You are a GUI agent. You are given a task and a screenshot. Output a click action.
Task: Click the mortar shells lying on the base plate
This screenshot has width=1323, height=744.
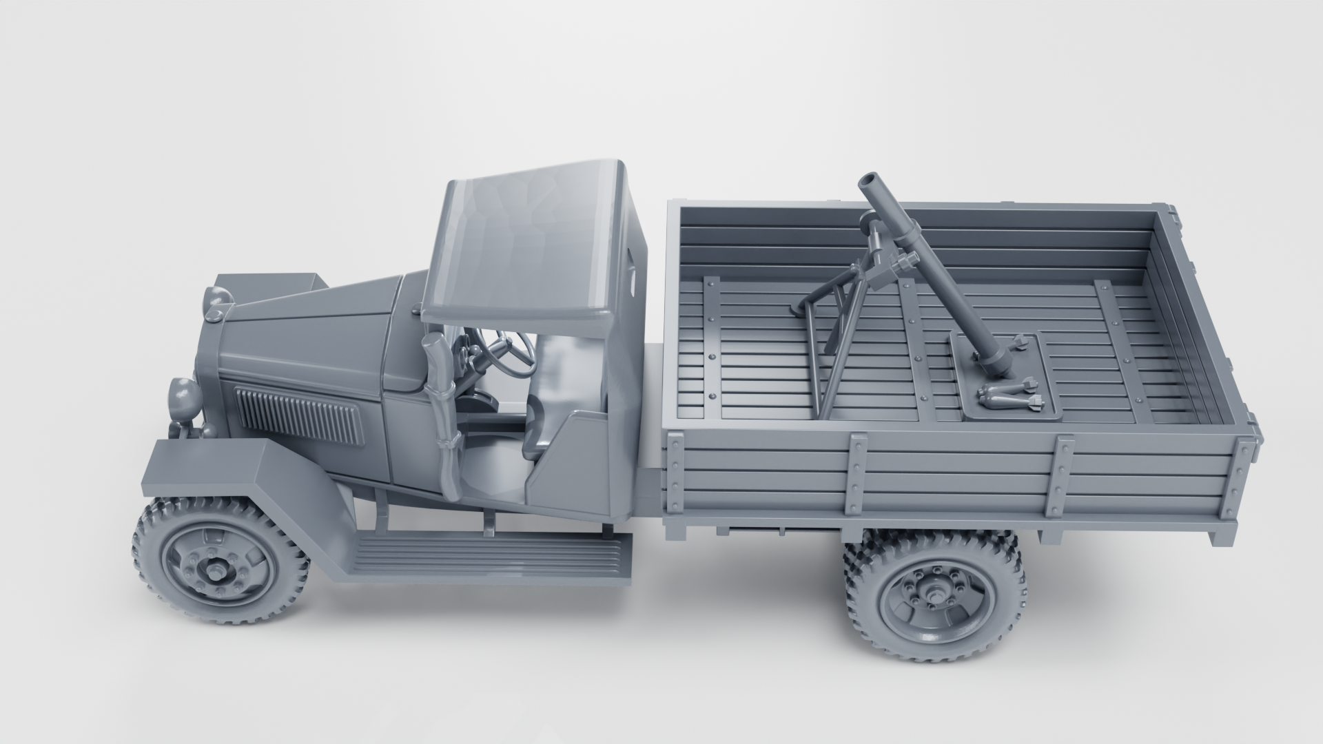point(1009,397)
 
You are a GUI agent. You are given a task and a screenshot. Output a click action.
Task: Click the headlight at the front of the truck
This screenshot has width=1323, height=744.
point(181,395)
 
